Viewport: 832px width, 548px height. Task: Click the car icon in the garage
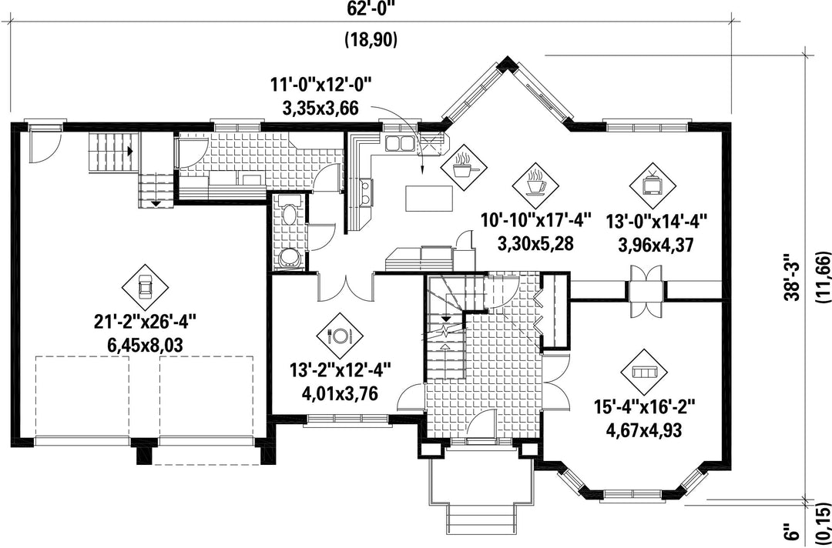(145, 288)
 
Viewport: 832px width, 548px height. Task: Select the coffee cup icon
(536, 185)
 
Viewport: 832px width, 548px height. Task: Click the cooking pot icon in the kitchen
(464, 167)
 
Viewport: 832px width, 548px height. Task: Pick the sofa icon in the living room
(644, 372)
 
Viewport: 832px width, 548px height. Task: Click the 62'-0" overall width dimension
(371, 8)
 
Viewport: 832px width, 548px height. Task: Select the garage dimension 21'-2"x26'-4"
(145, 322)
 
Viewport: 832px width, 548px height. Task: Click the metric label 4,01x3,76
(340, 394)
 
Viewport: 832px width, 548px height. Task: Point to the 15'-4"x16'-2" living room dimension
(644, 409)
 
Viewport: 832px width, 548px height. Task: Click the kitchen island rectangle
(429, 199)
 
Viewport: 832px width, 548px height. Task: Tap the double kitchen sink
(400, 143)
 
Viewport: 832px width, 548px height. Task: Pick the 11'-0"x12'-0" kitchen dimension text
(320, 85)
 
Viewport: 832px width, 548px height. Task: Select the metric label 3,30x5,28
(536, 244)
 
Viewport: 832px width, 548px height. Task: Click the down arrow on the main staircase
(446, 317)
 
